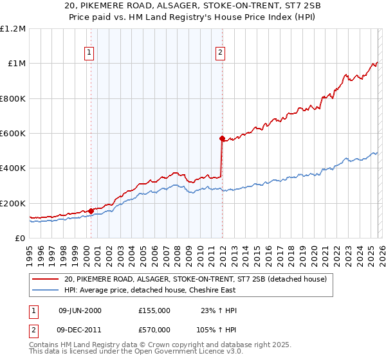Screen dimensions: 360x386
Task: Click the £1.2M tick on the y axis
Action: point(13,28)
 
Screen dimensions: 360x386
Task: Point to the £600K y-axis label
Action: point(13,133)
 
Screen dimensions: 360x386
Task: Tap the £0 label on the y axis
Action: point(21,238)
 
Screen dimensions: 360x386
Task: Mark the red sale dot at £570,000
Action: point(223,138)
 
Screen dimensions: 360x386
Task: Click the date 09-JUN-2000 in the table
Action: point(80,310)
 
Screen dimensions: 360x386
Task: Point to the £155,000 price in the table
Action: point(154,310)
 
